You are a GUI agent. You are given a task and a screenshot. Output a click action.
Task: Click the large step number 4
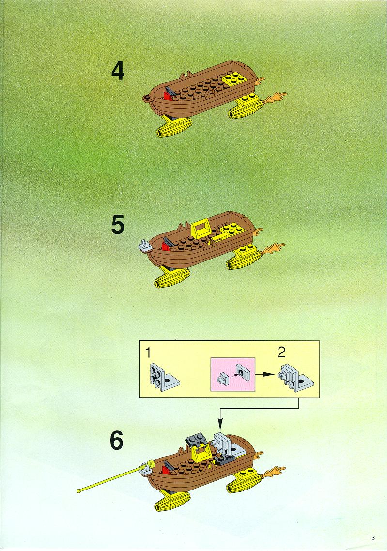[118, 71]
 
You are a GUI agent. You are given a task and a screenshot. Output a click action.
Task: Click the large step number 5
[118, 225]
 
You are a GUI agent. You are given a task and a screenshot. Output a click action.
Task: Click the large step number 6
[117, 441]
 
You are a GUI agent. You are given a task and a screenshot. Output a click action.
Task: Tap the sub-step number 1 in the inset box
[149, 352]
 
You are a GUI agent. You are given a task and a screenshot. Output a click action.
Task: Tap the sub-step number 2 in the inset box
[281, 352]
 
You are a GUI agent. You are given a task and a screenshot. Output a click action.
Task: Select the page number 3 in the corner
[373, 537]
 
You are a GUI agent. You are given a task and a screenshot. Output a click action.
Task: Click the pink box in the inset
[232, 374]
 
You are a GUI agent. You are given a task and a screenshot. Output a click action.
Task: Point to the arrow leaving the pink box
[264, 374]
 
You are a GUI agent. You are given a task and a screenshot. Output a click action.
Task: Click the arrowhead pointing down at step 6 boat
[220, 425]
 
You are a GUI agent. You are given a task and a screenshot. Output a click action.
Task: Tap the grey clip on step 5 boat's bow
[145, 245]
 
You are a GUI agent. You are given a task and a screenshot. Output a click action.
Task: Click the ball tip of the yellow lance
[79, 490]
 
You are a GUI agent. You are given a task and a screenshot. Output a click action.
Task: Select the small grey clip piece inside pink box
[222, 379]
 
